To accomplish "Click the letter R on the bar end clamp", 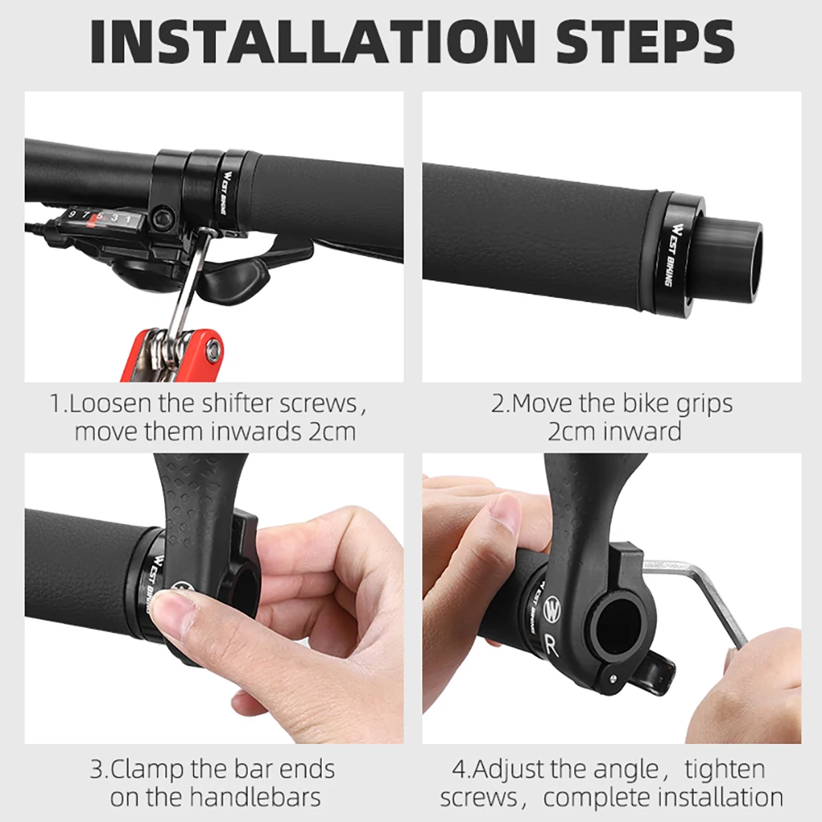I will pyautogui.click(x=551, y=646).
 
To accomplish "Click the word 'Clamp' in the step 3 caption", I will pyautogui.click(x=149, y=769).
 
